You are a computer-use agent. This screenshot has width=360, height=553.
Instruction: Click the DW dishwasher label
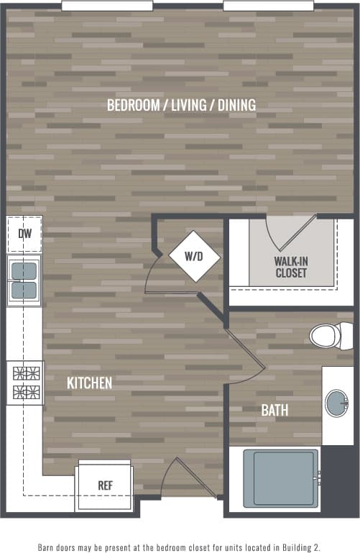(x=24, y=234)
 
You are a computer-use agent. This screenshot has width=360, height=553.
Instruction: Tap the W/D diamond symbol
(x=194, y=256)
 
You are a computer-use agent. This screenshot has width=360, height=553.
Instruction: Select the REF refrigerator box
(x=105, y=486)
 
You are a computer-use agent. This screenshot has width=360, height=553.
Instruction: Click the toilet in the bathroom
(x=331, y=334)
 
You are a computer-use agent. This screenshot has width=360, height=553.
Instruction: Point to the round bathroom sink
(x=336, y=403)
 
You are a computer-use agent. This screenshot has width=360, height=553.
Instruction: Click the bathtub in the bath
(x=282, y=477)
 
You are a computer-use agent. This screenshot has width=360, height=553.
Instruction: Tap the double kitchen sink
(x=24, y=280)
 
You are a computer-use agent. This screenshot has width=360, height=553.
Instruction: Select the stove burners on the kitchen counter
(x=25, y=383)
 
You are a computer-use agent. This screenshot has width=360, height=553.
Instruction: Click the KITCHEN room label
(x=89, y=383)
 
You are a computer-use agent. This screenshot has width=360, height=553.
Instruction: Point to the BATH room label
(x=274, y=411)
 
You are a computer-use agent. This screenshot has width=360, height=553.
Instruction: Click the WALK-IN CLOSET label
(x=290, y=267)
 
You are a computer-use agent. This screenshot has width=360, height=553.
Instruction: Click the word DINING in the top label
(x=237, y=105)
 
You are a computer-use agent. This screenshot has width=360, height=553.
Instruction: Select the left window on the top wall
(x=107, y=6)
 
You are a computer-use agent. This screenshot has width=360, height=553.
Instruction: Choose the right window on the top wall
(x=268, y=6)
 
